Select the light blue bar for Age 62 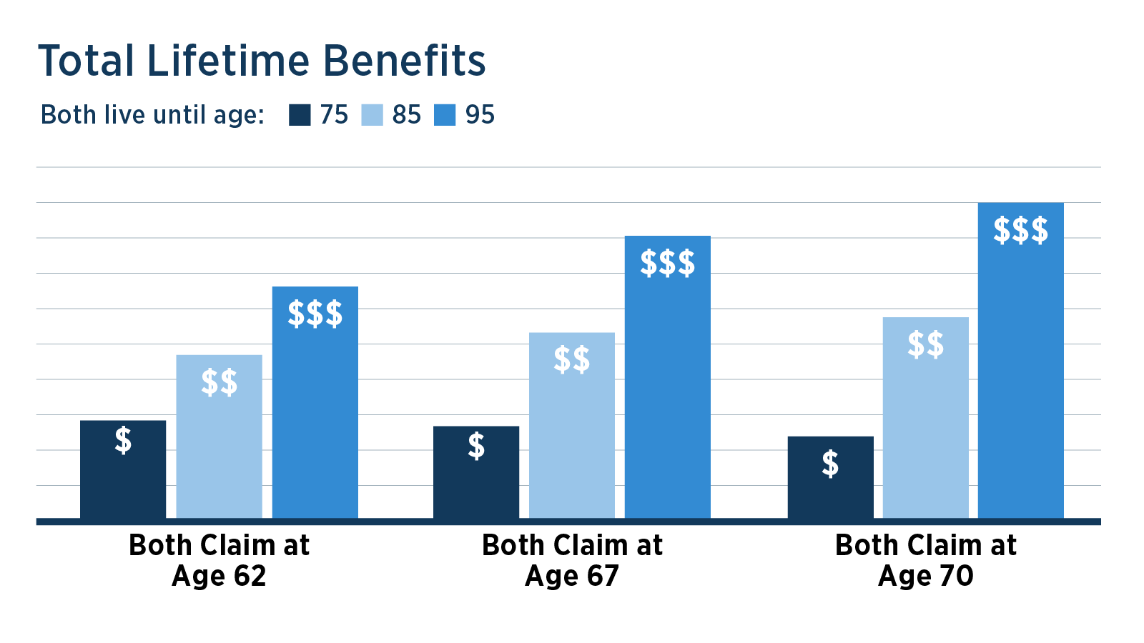[219, 437]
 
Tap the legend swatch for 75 [300, 115]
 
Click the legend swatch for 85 [372, 115]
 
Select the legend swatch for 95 [445, 115]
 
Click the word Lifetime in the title [228, 61]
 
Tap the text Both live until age [152, 115]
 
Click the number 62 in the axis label [250, 576]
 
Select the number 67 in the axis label [602, 576]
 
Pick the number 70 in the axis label [956, 576]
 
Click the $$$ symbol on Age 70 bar [1020, 231]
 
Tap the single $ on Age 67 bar [476, 446]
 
